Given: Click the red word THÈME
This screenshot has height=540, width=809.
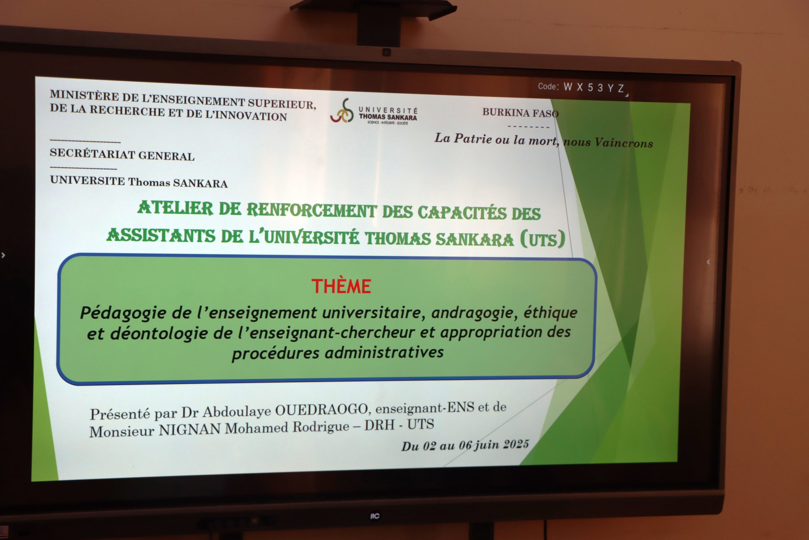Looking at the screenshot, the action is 341,286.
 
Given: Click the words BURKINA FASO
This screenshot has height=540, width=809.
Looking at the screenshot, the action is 520,113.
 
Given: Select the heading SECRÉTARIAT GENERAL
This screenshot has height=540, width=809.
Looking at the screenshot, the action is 122,154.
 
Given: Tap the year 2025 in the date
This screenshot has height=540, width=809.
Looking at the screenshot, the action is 516,444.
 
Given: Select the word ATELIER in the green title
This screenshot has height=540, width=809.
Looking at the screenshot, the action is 175,208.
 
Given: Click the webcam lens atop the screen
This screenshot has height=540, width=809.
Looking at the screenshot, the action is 386,52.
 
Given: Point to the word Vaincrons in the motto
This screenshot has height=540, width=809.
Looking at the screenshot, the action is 623,143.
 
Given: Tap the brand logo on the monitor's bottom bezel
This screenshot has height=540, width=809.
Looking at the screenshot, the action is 374,516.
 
